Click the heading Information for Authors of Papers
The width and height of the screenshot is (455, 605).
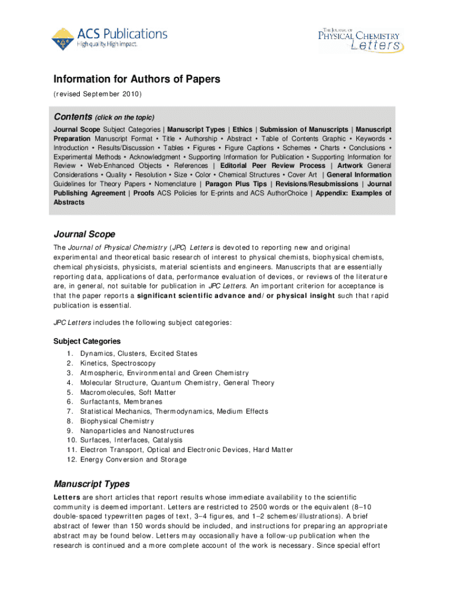(137, 79)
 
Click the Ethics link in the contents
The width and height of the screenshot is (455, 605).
(242, 129)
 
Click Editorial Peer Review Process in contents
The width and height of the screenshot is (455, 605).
(272, 166)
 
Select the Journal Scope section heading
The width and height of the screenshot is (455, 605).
(84, 235)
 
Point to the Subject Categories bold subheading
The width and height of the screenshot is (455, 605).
(87, 341)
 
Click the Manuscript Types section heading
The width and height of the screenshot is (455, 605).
(92, 484)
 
